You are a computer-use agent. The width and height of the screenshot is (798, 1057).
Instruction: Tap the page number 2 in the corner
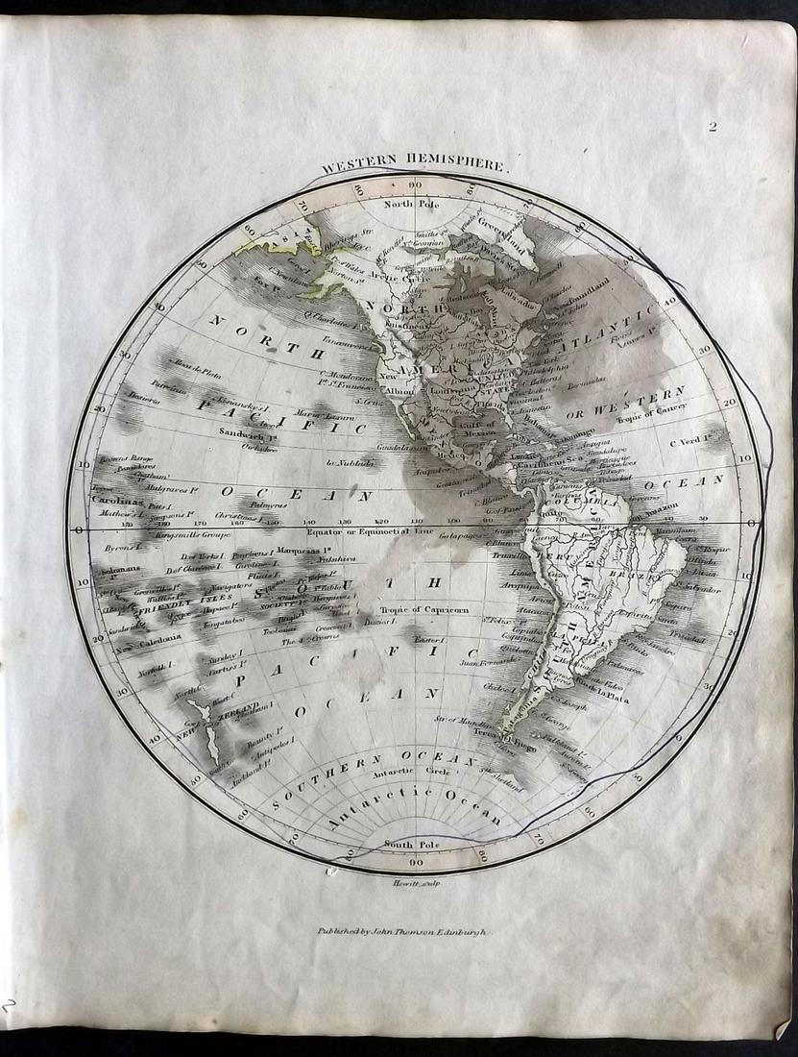point(713,126)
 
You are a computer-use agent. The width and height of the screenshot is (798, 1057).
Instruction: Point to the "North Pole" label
point(411,204)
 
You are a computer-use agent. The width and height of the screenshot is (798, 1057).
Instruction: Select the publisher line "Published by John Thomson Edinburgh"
point(404,931)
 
